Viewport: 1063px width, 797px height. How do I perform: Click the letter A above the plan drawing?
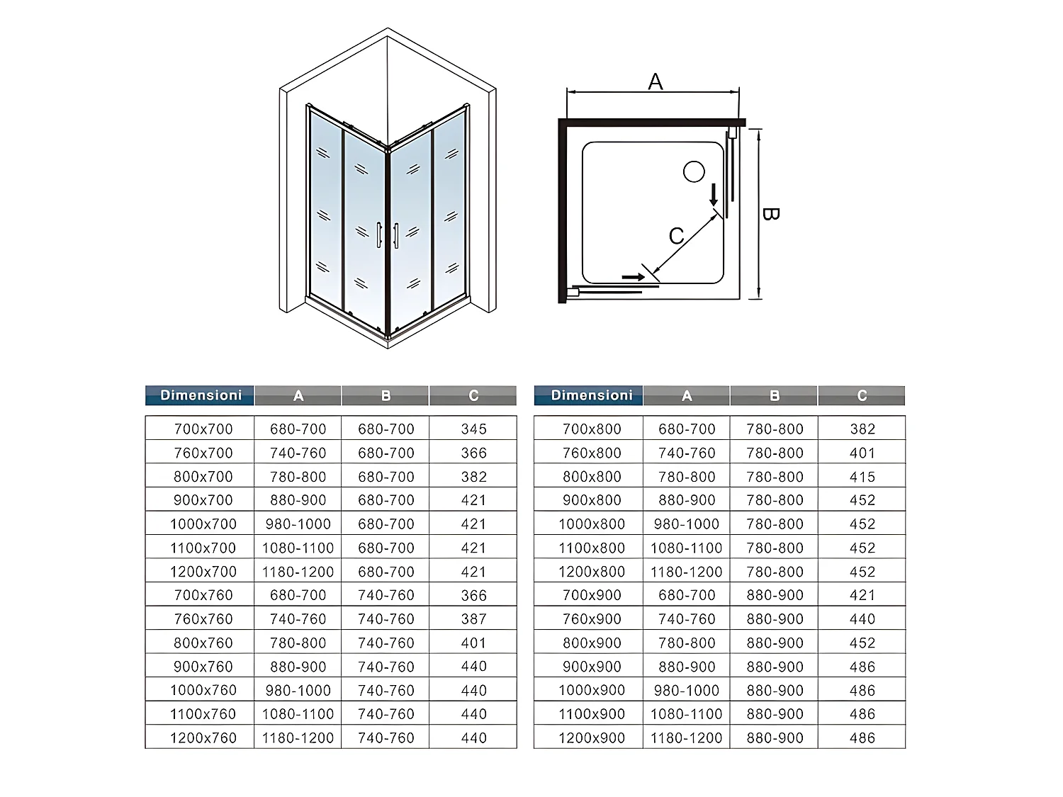pyautogui.click(x=656, y=82)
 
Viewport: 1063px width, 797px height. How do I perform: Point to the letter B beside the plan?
pyautogui.click(x=770, y=214)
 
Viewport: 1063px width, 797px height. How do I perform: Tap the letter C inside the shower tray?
pyautogui.click(x=677, y=235)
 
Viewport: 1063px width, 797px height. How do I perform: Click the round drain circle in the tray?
pyautogui.click(x=694, y=171)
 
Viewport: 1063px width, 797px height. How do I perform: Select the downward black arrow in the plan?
pyautogui.click(x=714, y=194)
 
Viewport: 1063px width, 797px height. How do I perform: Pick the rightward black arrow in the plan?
pyautogui.click(x=633, y=277)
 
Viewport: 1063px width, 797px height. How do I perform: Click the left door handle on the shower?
pyautogui.click(x=380, y=234)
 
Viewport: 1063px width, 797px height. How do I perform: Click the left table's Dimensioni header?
pyautogui.click(x=201, y=395)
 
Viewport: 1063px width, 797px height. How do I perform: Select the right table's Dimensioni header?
pyautogui.click(x=591, y=395)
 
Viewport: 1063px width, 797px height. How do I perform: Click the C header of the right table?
pyautogui.click(x=862, y=395)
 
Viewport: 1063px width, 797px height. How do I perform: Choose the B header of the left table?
pyautogui.click(x=386, y=395)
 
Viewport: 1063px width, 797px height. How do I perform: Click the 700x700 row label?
pyautogui.click(x=203, y=429)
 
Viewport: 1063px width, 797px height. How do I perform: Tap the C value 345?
pyautogui.click(x=473, y=429)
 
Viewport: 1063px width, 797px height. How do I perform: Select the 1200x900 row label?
pyautogui.click(x=592, y=737)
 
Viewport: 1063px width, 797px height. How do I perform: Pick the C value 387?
pyautogui.click(x=473, y=618)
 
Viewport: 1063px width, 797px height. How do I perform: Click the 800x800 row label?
pyautogui.click(x=592, y=476)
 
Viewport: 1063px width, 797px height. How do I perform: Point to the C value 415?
pyautogui.click(x=862, y=476)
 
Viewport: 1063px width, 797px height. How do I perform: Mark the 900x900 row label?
pyautogui.click(x=592, y=666)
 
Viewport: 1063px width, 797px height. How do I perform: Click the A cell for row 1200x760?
pyautogui.click(x=298, y=737)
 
